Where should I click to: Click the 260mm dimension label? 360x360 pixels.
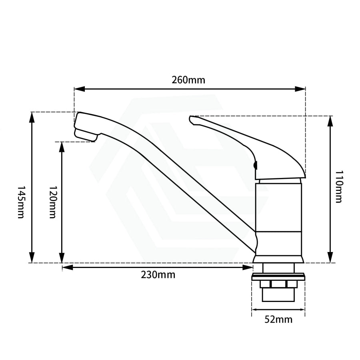point(188,80)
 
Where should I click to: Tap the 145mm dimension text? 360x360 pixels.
point(21,202)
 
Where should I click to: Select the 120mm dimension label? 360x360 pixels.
point(53,202)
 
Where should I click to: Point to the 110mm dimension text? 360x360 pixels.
point(339,186)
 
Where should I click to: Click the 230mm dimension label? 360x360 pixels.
point(158,274)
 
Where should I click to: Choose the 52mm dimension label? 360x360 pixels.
point(278,319)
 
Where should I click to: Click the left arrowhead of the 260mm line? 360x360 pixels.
point(80,89)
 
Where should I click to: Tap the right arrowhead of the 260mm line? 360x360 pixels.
point(300,89)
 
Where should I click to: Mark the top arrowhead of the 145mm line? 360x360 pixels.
point(32,118)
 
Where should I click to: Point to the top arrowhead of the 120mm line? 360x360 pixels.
point(62,147)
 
